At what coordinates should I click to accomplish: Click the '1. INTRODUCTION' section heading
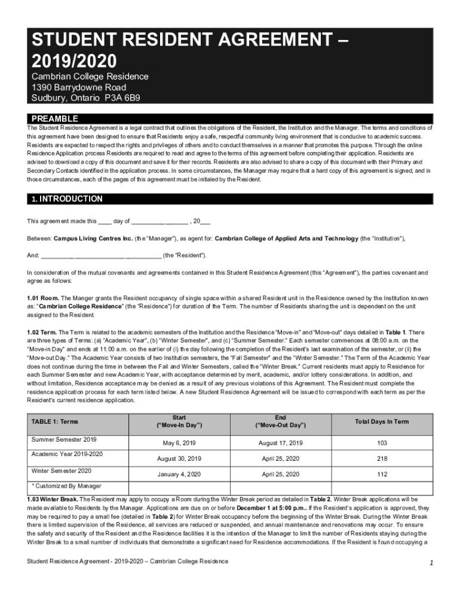[x=65, y=199]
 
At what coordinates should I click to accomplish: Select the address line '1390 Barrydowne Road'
[x=79, y=87]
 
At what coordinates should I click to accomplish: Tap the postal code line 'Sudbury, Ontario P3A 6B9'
[x=86, y=98]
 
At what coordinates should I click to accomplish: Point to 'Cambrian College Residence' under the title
[x=90, y=76]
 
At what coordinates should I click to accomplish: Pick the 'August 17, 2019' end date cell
[x=280, y=443]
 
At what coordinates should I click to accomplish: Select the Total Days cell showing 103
[x=382, y=443]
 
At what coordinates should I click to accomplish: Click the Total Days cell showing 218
[x=382, y=458]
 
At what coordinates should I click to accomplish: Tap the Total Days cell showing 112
[x=382, y=474]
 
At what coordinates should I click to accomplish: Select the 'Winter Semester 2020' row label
[x=62, y=470]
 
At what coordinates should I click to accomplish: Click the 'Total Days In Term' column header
[x=382, y=421]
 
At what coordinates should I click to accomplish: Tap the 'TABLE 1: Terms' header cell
[x=55, y=421]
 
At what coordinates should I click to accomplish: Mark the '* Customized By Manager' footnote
[x=66, y=486]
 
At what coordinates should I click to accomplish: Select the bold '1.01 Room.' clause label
[x=44, y=298]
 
